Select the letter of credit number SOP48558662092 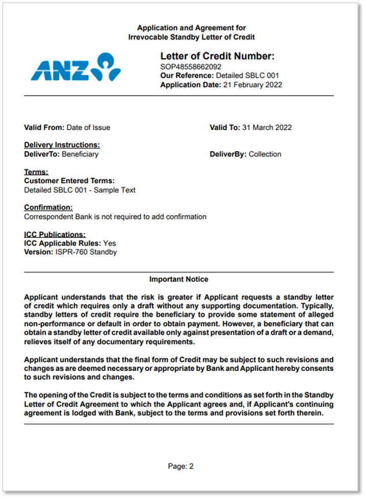191,66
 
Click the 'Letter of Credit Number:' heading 217,56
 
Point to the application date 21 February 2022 252,85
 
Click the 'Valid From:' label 44,128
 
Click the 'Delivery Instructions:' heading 62,145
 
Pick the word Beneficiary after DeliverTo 80,154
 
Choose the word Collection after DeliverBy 265,154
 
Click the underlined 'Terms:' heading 36,172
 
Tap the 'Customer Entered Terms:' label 69,181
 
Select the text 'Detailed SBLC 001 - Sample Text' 80,190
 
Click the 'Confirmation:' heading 48,208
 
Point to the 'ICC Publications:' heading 55,235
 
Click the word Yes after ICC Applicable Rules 110,243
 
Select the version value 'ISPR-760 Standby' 86,252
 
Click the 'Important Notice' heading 178,280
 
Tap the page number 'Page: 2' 181,466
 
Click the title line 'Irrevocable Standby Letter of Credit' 192,37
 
